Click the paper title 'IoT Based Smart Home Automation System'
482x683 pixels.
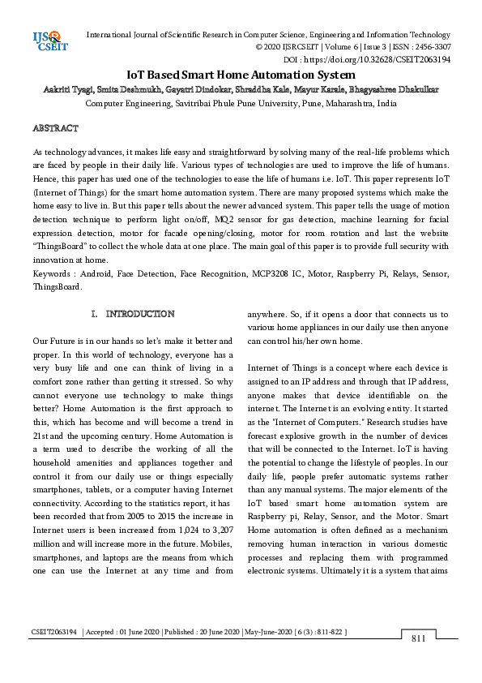click(x=241, y=75)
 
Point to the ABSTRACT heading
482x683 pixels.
click(x=55, y=128)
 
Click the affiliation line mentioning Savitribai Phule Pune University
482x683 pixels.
click(x=241, y=104)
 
